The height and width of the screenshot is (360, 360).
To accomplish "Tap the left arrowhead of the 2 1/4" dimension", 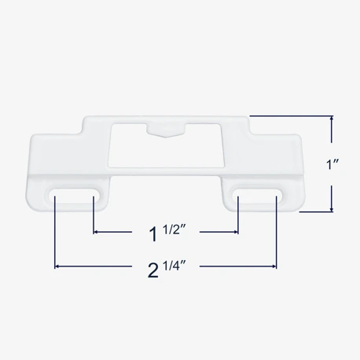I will click(57, 267).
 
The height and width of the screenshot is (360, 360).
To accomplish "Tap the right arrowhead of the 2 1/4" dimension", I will click(274, 267).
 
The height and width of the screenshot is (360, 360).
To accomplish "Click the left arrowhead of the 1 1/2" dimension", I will click(96, 232).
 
